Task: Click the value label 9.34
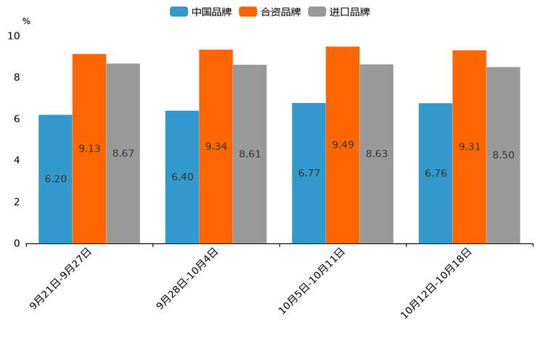tap(216, 147)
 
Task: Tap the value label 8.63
tap(377, 154)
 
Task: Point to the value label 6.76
tap(436, 173)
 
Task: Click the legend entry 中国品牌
tap(201, 12)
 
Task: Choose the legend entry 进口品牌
tap(339, 12)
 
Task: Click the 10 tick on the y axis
tap(14, 36)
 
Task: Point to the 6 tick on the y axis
tap(17, 119)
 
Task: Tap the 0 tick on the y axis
tap(17, 243)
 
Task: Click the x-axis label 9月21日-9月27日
tap(62, 279)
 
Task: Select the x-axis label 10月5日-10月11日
tap(313, 280)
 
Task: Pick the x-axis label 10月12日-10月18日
tap(437, 282)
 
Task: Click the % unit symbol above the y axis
tap(26, 21)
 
